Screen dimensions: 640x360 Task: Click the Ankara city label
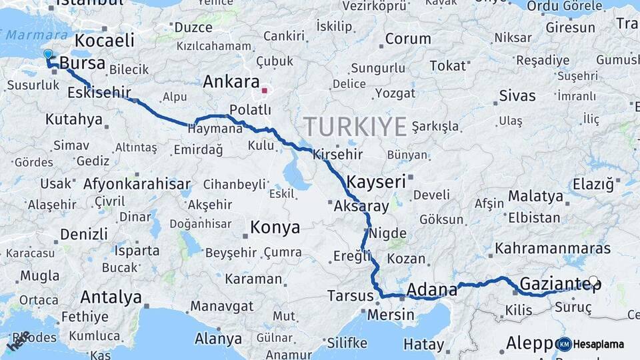click(231, 82)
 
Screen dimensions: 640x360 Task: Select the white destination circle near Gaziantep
click(593, 281)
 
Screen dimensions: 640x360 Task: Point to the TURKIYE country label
click(355, 126)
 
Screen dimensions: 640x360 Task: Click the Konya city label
click(275, 228)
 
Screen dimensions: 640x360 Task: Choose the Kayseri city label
click(376, 181)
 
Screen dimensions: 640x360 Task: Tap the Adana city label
click(432, 290)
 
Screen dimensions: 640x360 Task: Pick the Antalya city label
click(111, 297)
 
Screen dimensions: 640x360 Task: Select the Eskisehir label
click(99, 93)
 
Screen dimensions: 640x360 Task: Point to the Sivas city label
click(517, 96)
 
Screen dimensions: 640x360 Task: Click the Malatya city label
click(535, 196)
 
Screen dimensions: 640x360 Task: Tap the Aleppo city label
click(530, 343)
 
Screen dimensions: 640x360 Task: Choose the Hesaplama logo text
click(598, 345)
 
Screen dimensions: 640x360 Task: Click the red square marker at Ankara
click(265, 90)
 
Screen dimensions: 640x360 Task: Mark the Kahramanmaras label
click(553, 249)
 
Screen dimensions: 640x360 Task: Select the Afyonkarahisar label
click(137, 184)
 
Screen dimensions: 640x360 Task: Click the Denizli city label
click(83, 234)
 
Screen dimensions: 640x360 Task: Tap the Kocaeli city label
click(105, 40)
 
